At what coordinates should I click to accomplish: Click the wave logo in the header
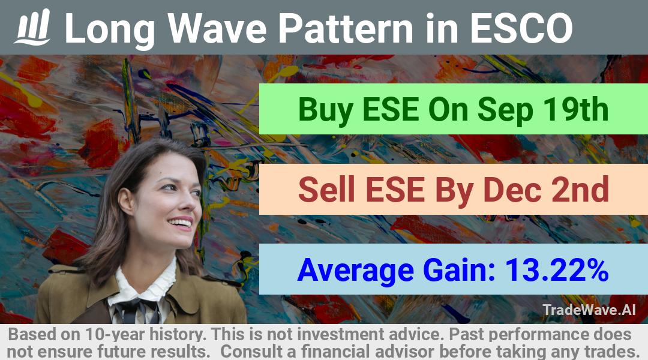pos(32,27)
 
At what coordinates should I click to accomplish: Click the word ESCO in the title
pos(521,29)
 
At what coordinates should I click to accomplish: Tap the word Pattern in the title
pos(345,29)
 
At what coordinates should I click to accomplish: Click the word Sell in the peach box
pos(326,190)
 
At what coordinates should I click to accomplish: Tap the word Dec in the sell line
pos(512,190)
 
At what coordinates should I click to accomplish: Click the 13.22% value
pos(557,270)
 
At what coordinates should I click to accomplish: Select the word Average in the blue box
pos(356,271)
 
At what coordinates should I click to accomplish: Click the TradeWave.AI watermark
pos(589,310)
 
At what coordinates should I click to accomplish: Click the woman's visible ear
pos(126,200)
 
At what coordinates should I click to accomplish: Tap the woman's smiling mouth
pos(181,224)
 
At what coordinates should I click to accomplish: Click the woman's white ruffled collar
pos(145,285)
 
